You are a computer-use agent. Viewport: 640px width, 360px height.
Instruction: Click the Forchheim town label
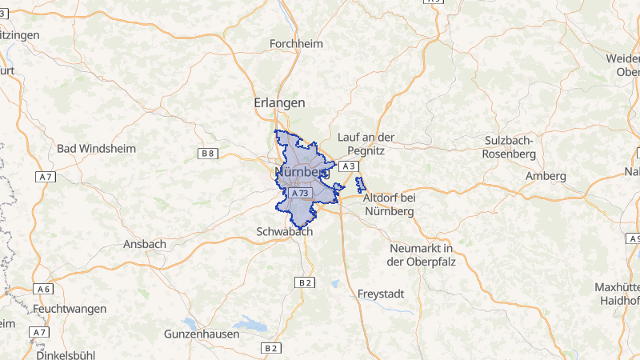[x=296, y=44]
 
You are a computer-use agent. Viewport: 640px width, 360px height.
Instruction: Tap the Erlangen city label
[x=279, y=103]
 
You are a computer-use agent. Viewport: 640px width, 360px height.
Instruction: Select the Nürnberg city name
[x=302, y=172]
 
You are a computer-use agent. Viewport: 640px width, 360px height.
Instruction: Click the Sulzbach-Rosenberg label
[x=510, y=146]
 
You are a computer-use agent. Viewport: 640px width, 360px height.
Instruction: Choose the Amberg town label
[x=546, y=175]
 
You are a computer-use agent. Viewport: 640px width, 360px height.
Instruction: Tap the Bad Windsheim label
[x=96, y=149]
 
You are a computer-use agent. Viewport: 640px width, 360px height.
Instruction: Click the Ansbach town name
[x=145, y=244]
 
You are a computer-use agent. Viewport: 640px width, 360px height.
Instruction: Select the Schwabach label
[x=284, y=231]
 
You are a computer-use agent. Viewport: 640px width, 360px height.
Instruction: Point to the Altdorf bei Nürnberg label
[x=389, y=204]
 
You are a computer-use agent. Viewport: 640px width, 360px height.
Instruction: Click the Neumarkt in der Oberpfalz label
[x=420, y=254]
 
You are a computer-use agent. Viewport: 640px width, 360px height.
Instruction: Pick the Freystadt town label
[x=382, y=294]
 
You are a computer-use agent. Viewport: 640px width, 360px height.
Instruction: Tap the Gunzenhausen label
[x=201, y=334]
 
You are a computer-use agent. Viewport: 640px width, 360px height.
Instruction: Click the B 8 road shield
[x=208, y=152]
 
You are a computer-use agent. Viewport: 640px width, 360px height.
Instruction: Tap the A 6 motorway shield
[x=43, y=289]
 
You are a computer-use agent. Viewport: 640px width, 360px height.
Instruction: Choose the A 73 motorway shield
[x=301, y=194]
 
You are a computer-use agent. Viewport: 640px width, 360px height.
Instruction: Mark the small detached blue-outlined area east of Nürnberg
[x=360, y=184]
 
